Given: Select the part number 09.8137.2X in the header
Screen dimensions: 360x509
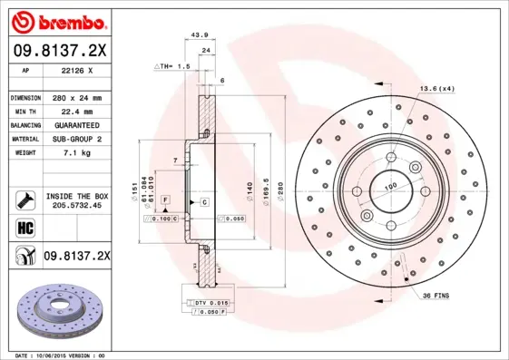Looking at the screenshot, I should tap(59, 51).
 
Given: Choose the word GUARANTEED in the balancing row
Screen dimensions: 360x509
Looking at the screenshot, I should tap(74, 124).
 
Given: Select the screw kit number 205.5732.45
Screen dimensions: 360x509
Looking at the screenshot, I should tap(77, 206).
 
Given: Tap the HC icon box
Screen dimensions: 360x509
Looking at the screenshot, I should tap(24, 227).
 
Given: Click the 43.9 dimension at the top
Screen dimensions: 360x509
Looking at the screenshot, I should tap(195, 35).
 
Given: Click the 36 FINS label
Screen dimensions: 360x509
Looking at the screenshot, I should tap(435, 296).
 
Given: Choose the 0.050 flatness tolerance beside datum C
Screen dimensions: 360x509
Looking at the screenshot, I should tap(236, 219).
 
